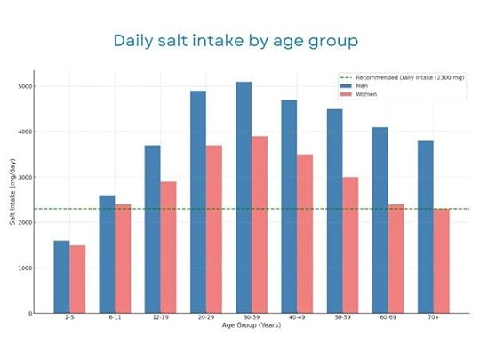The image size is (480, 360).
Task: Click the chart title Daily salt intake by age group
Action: coord(236,42)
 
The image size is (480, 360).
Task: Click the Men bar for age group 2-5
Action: coord(61,276)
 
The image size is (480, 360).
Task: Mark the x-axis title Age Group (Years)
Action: coord(251,326)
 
